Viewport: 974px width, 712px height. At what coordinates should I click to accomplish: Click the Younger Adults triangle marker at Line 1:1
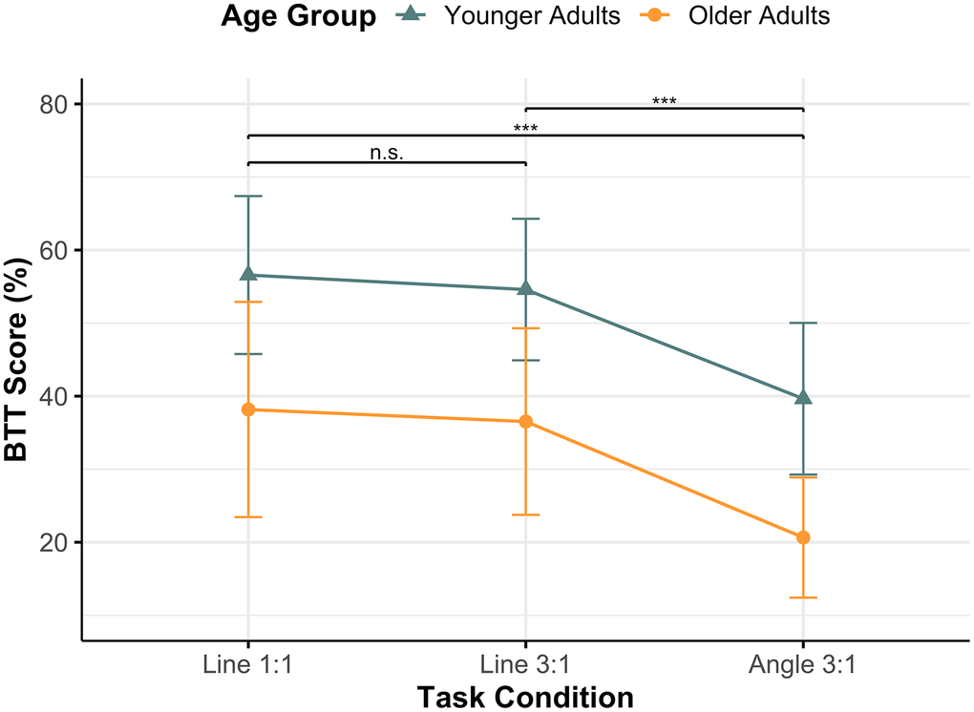tap(248, 275)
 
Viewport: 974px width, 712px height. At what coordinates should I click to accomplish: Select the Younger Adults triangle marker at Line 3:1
tap(525, 289)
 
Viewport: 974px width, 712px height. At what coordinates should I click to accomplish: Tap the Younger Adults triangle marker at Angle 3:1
tap(803, 397)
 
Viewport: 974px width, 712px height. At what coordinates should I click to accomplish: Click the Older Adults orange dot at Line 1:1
tap(248, 409)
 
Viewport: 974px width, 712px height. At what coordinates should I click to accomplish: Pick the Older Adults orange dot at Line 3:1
tap(525, 422)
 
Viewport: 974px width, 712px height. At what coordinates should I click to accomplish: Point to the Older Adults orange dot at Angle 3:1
tap(803, 537)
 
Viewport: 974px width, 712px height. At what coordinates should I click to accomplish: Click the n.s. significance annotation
tap(387, 153)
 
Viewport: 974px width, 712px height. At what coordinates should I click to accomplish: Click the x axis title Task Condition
tap(525, 697)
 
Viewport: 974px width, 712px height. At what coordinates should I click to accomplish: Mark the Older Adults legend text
tap(759, 16)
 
